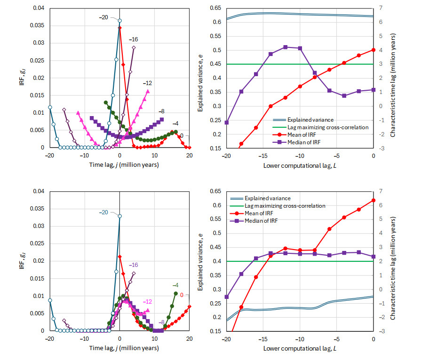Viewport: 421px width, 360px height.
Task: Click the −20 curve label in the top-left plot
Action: [x=103, y=17]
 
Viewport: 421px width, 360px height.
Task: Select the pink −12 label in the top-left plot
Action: [x=148, y=83]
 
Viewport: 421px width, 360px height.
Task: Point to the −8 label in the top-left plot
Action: [x=162, y=111]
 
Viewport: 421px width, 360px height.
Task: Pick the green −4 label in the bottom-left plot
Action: [x=175, y=285]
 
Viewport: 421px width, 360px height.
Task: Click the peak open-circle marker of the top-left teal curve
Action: [x=119, y=21]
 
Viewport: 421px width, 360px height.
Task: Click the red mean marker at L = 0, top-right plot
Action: [x=373, y=50]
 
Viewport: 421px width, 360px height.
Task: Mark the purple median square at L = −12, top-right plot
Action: [x=286, y=47]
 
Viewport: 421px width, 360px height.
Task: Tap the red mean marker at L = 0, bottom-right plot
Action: [x=373, y=200]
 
